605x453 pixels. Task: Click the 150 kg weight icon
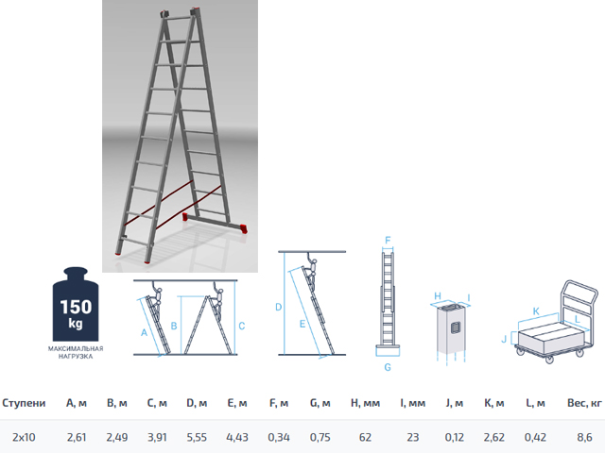(76, 304)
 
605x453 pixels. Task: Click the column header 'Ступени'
(24, 403)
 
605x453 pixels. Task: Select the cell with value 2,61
(77, 437)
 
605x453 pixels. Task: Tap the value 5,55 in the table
(197, 437)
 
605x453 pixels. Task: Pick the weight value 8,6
(584, 437)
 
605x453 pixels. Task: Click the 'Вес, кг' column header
(584, 403)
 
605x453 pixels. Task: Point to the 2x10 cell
(24, 437)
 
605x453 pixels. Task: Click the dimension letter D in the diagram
(279, 307)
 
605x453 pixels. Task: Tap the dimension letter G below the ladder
(388, 367)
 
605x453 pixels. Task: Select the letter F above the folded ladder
(388, 241)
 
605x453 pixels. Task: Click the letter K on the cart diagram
(536, 311)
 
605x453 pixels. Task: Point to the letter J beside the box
(504, 339)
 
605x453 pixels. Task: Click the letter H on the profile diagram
(438, 295)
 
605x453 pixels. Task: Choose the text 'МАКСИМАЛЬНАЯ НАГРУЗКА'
(76, 352)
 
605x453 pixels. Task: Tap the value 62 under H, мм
(365, 437)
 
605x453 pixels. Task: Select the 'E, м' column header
(237, 403)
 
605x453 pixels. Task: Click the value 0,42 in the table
(535, 437)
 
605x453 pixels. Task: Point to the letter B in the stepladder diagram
(174, 326)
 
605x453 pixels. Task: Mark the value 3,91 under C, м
(157, 437)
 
